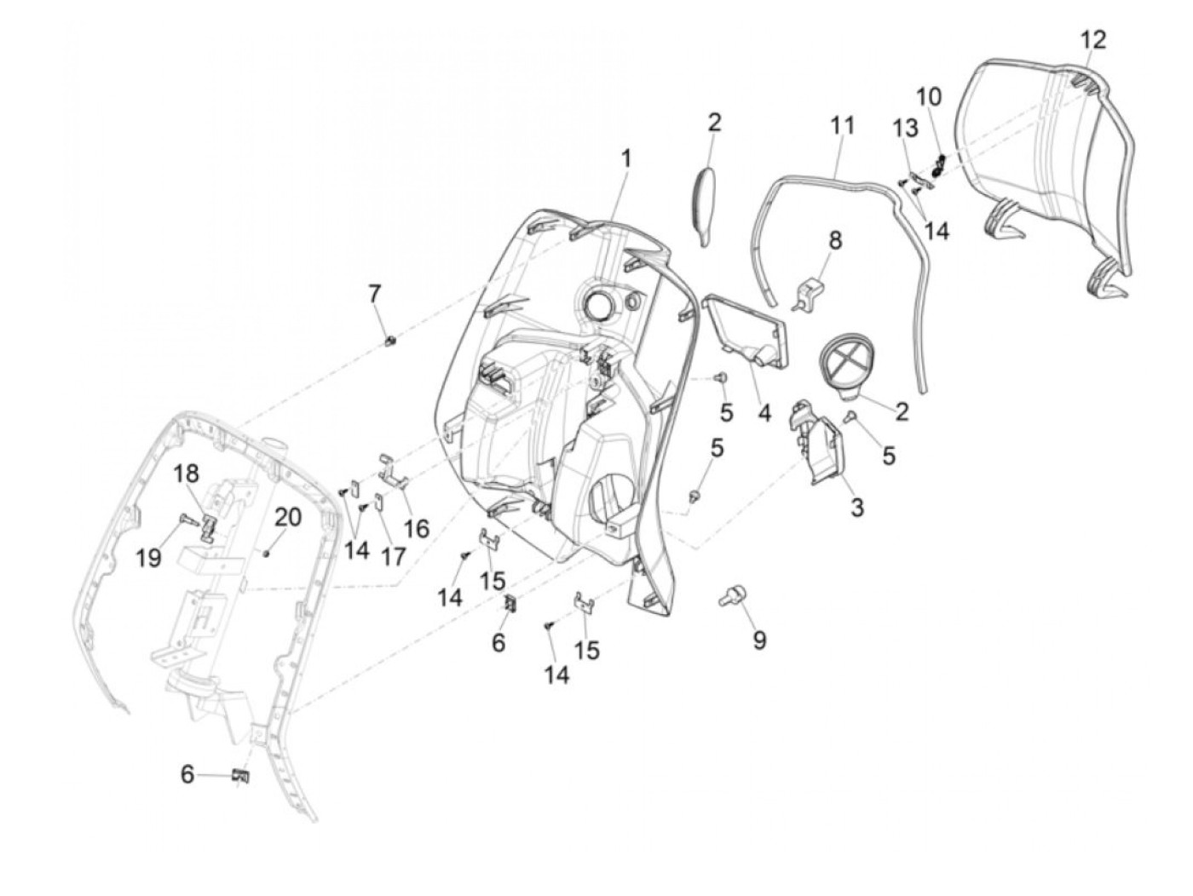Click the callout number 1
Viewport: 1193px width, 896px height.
(x=626, y=158)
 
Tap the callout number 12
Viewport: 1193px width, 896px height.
(x=1093, y=39)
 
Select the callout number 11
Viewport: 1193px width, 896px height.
(x=842, y=125)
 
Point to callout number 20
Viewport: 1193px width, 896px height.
(x=287, y=517)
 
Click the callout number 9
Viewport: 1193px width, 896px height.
(x=758, y=639)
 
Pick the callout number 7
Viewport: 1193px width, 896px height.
(x=374, y=295)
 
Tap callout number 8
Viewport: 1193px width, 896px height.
(x=835, y=240)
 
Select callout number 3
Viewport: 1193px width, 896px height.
(x=856, y=507)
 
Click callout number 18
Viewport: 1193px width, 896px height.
(x=187, y=474)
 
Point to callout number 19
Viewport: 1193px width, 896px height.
(x=148, y=558)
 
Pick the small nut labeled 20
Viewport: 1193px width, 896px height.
(x=268, y=554)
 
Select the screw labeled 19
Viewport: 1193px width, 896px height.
(x=187, y=519)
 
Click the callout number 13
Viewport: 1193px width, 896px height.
(x=906, y=128)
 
